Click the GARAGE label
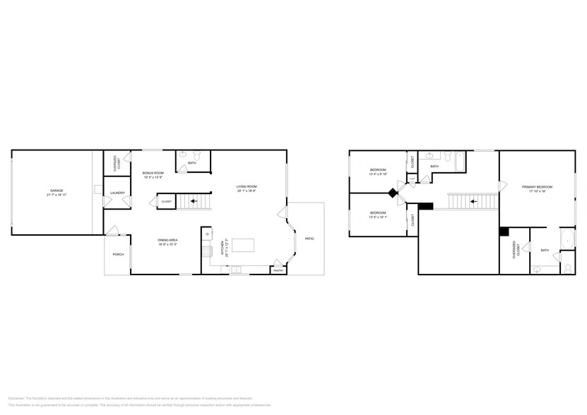pyautogui.click(x=56, y=191)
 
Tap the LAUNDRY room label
pyautogui.click(x=118, y=193)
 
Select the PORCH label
pyautogui.click(x=118, y=254)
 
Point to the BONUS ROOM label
pyautogui.click(x=153, y=173)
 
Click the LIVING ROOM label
pyautogui.click(x=247, y=187)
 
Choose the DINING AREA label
pyautogui.click(x=167, y=240)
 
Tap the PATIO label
pyautogui.click(x=309, y=239)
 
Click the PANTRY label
pyautogui.click(x=278, y=270)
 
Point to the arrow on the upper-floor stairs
pyautogui.click(x=473, y=201)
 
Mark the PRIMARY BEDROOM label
pyautogui.click(x=537, y=186)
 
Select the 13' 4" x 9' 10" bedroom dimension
pyautogui.click(x=379, y=175)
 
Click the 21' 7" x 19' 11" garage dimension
pyautogui.click(x=56, y=195)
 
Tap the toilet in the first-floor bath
pyautogui.click(x=198, y=156)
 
